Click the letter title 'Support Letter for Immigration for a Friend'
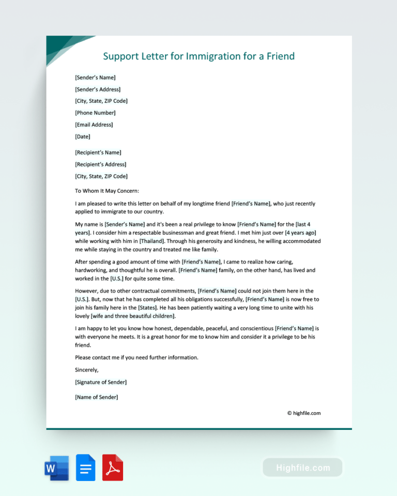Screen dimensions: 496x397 (x=199, y=56)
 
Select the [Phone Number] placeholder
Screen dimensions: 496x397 (x=95, y=113)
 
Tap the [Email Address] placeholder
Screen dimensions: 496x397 (x=94, y=125)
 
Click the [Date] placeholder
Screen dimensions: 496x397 (x=83, y=136)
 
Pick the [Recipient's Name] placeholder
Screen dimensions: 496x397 (x=98, y=152)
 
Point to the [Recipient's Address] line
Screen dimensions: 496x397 (x=100, y=164)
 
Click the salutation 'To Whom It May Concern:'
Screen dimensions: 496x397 (x=107, y=191)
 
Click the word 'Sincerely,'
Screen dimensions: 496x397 (x=86, y=370)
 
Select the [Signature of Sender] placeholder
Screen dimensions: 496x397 (x=101, y=382)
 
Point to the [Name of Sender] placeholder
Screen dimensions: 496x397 (x=96, y=397)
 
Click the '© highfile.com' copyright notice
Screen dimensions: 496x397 (x=304, y=413)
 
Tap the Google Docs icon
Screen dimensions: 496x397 (x=86, y=468)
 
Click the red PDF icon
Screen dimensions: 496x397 (x=113, y=468)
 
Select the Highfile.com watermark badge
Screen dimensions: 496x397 (x=302, y=468)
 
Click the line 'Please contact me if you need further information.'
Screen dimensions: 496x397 (x=136, y=358)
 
